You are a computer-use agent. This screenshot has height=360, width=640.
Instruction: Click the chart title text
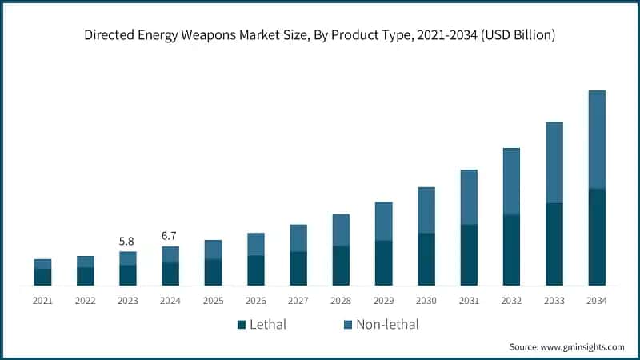[320, 35]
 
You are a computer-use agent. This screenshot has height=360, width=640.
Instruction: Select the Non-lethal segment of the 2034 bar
[597, 139]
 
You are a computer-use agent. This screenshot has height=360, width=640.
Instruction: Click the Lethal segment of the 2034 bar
[597, 237]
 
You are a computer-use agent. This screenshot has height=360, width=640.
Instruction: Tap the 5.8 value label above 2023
[127, 240]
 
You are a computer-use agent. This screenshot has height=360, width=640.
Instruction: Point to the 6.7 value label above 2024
[170, 235]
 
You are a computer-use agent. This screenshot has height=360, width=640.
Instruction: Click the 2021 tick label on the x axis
[42, 301]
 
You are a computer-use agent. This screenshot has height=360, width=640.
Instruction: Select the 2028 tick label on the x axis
[341, 301]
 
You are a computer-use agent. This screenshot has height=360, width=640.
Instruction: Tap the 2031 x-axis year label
[469, 301]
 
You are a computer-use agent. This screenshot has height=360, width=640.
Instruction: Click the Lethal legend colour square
[241, 325]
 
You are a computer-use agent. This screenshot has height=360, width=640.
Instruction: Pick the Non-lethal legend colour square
[348, 325]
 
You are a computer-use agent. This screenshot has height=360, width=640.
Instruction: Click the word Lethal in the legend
[268, 325]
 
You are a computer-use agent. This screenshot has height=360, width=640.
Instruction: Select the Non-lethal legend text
[387, 325]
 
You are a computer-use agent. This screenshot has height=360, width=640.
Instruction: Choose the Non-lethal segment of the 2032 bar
[511, 181]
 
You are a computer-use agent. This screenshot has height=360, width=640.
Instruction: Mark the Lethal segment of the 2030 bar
[426, 259]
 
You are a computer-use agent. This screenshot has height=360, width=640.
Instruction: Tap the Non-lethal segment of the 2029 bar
[383, 221]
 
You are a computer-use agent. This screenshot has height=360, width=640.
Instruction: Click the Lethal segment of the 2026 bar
[255, 270]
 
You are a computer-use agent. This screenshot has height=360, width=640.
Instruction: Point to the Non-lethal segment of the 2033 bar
[554, 162]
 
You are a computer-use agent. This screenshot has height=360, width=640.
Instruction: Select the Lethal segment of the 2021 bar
[42, 277]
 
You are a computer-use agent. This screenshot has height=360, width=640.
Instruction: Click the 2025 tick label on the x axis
[213, 301]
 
